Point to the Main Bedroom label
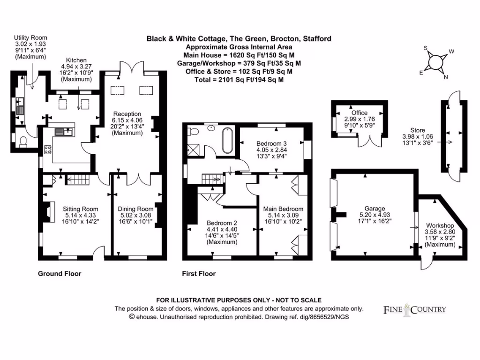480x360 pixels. click(x=283, y=209)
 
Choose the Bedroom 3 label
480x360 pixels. click(x=271, y=143)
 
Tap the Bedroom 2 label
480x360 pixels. click(x=223, y=223)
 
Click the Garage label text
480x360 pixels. click(x=375, y=209)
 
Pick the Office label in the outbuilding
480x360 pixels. click(x=359, y=112)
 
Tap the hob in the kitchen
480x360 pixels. click(x=48, y=150)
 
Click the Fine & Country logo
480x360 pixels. click(x=414, y=309)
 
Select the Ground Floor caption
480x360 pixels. click(x=60, y=274)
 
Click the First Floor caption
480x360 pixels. click(x=199, y=274)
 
